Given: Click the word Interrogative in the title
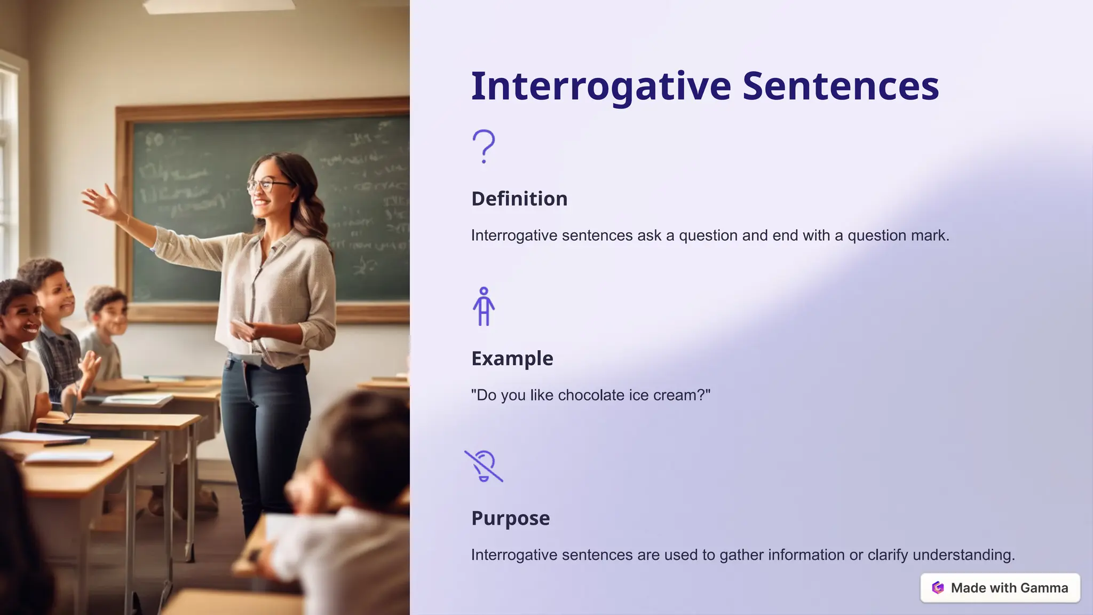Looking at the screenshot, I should (601, 86).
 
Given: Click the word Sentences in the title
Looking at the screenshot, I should (841, 86).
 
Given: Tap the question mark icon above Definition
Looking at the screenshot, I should (484, 146).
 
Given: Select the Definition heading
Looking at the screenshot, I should (519, 199).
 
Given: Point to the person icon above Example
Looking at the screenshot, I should (484, 306).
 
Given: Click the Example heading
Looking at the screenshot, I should (512, 358).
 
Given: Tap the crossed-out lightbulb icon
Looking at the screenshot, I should (484, 466).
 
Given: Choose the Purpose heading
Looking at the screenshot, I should (510, 518).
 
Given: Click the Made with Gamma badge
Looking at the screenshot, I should (1000, 588).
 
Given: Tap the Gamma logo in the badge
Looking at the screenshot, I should (938, 588).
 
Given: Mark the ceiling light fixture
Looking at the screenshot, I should (219, 5).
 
